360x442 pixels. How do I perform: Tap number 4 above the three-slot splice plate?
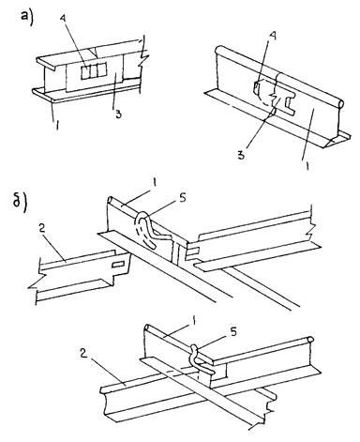pos(64,19)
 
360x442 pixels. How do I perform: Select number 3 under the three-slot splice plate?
pos(118,114)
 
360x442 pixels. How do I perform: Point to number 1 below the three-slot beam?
pos(56,125)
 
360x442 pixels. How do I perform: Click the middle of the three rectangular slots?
pos(94,71)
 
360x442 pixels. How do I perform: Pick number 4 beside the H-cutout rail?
pos(273,38)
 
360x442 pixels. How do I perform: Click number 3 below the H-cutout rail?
pos(241,155)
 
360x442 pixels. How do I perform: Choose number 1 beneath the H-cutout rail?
pos(307,164)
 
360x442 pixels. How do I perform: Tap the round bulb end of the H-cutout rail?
pos(340,103)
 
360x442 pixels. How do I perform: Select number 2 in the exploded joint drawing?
pos(42,227)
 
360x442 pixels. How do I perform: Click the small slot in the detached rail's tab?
pos(118,265)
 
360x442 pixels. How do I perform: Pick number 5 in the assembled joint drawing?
pos(233,332)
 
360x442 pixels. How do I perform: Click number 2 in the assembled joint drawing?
pos(83,354)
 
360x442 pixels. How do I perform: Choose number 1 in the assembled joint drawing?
pos(194,321)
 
